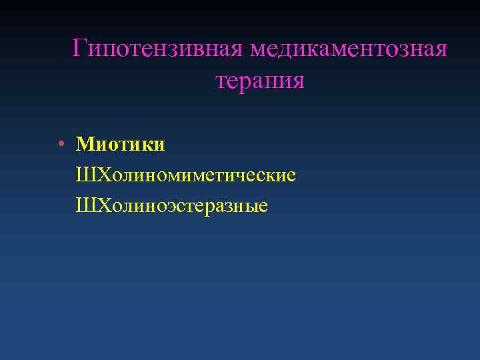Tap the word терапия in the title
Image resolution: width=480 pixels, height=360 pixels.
click(x=260, y=81)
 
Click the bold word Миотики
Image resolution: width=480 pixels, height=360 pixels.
click(x=121, y=144)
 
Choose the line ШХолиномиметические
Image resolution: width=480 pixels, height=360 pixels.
click(x=186, y=175)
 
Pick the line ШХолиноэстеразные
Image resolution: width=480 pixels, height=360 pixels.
click(x=172, y=206)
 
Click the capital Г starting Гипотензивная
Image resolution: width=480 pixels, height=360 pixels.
click(x=79, y=48)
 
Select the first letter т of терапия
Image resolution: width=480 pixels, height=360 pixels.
click(x=222, y=81)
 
